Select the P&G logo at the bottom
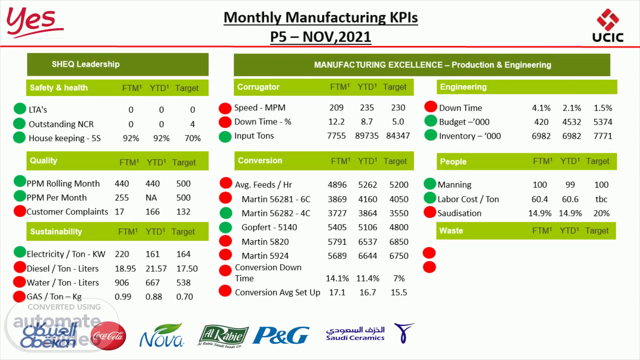tap(281, 335)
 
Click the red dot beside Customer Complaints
tap(20, 211)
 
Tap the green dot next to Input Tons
tap(225, 136)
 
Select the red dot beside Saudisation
tap(430, 212)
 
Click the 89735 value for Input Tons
tap(367, 136)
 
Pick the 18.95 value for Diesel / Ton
tap(125, 268)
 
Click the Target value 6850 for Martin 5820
tap(399, 242)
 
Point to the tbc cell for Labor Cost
tap(601, 199)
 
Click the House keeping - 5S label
tap(65, 138)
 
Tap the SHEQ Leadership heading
tap(86, 64)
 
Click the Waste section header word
tap(451, 231)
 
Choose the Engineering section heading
tap(463, 87)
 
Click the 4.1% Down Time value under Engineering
tap(541, 108)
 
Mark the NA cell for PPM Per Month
tap(151, 198)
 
